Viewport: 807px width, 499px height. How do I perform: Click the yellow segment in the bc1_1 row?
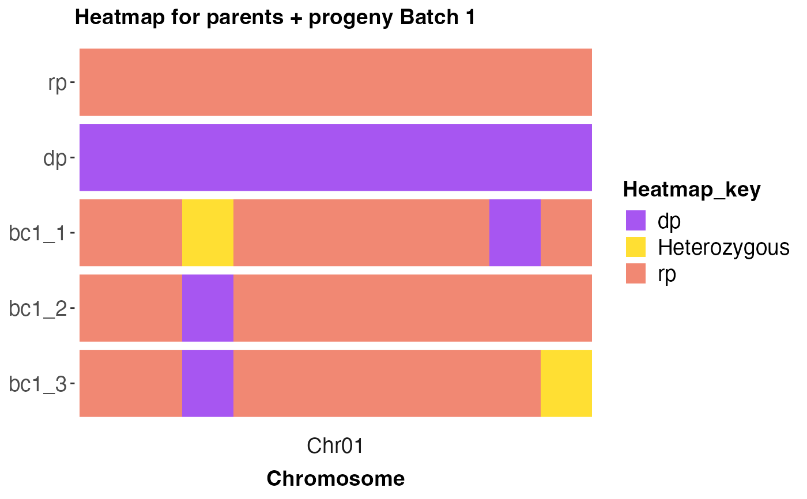(x=208, y=233)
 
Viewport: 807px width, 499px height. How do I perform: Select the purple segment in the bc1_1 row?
(x=515, y=233)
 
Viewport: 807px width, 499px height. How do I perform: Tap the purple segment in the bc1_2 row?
(x=208, y=308)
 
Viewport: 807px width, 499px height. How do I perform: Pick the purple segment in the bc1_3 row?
(x=208, y=383)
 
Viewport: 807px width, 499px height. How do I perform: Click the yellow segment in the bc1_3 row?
(x=566, y=383)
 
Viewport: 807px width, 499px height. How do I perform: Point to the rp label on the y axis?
(x=57, y=84)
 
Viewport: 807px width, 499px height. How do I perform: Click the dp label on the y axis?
(x=55, y=158)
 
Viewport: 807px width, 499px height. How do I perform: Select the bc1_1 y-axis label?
(x=37, y=233)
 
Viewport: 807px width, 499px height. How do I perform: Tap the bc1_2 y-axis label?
(x=37, y=308)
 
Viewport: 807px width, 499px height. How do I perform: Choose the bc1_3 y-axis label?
(x=37, y=384)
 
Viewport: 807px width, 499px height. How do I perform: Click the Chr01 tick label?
(x=335, y=446)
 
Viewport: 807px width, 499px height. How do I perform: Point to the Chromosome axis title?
(x=335, y=478)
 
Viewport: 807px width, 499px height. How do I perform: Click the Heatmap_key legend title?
(x=692, y=190)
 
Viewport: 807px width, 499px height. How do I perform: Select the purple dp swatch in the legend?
(x=635, y=220)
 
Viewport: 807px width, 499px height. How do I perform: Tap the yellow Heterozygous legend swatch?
(x=635, y=247)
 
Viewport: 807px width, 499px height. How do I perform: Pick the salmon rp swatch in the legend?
(x=635, y=274)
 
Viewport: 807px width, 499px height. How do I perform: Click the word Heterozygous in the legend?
(x=724, y=248)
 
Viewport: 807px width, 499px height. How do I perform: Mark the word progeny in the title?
(x=350, y=18)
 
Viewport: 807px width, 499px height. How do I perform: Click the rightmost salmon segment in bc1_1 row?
(x=566, y=233)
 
